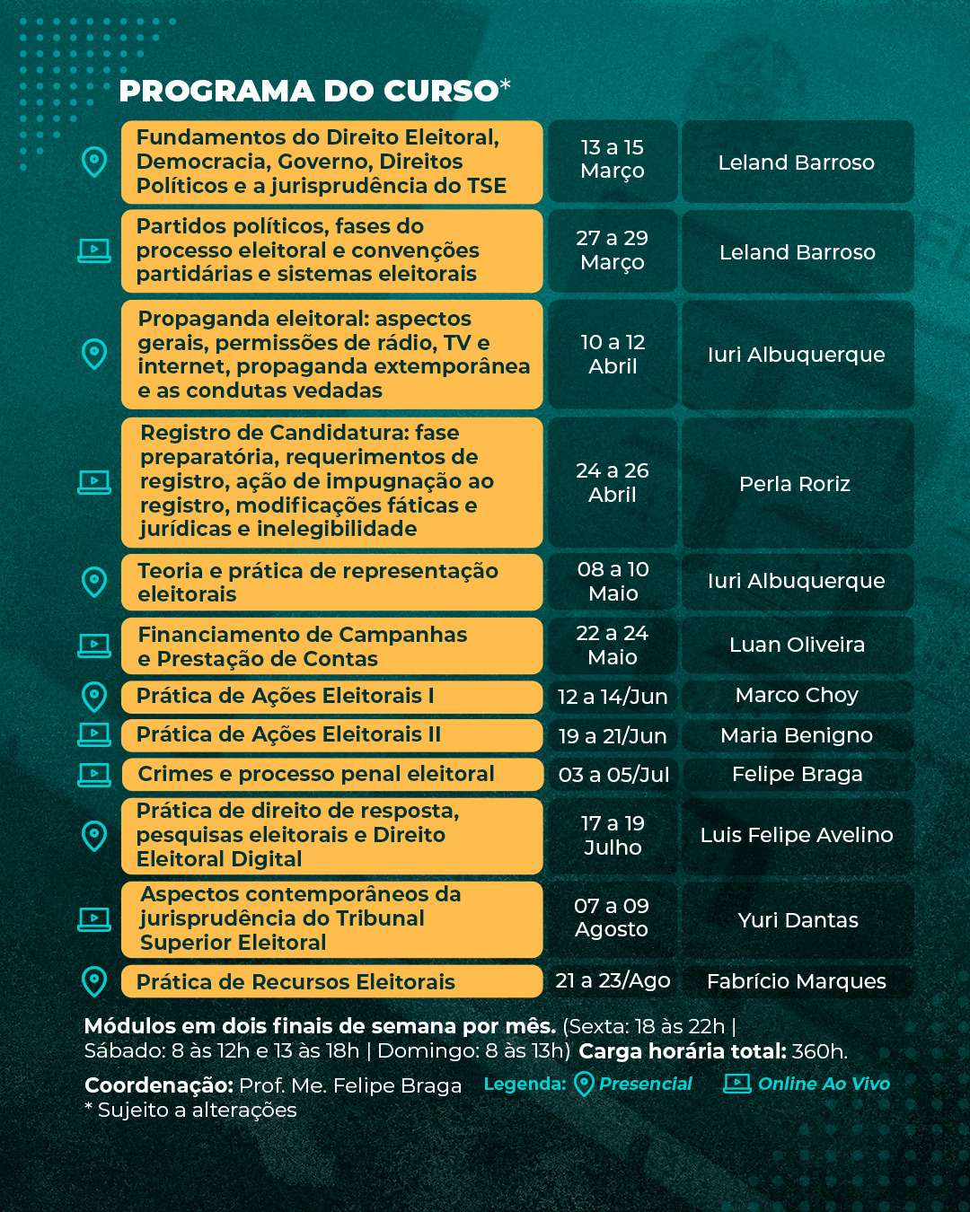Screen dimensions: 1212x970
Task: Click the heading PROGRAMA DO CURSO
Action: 309,91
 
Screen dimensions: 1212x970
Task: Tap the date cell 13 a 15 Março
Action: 613,160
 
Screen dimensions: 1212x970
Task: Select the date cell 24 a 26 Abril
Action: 613,483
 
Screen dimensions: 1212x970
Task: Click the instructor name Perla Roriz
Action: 795,484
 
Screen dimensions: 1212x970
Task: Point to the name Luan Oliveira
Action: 797,645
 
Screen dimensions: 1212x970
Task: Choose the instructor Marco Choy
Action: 797,695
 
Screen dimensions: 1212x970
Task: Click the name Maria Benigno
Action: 797,735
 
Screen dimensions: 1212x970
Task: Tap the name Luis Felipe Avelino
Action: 797,835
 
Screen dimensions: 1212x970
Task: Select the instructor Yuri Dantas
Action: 798,920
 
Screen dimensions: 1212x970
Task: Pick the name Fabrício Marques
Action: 797,981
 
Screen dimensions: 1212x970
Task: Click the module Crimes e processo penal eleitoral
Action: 316,774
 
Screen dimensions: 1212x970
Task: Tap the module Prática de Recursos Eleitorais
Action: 295,982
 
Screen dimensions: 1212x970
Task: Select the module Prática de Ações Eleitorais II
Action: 288,734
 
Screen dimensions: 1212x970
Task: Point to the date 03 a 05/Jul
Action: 613,775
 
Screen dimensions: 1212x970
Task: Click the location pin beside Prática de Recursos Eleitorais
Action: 94,981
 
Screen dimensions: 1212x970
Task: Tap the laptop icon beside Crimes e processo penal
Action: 94,774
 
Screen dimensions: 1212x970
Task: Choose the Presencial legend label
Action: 645,1084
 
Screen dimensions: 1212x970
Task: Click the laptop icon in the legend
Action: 737,1084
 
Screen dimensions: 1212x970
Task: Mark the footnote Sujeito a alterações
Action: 190,1111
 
